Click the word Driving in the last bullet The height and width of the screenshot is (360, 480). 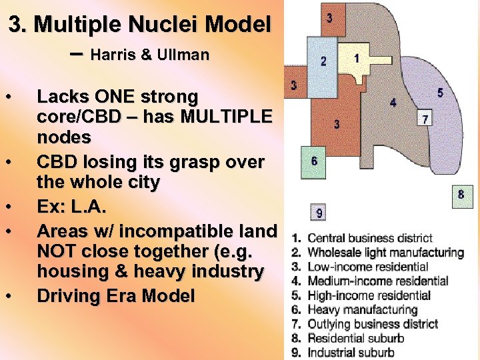68,295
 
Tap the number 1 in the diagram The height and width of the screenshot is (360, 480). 357,58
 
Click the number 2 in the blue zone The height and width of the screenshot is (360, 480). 323,61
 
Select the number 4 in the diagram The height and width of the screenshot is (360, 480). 393,103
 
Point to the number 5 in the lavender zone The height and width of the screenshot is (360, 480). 441,93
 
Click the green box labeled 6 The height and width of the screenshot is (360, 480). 314,162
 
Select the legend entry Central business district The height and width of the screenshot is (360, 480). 370,238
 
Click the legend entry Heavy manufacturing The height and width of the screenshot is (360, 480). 362,309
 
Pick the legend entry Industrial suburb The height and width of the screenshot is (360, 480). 351,353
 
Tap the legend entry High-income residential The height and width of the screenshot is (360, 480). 369,295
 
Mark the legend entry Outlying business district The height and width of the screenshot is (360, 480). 373,324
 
